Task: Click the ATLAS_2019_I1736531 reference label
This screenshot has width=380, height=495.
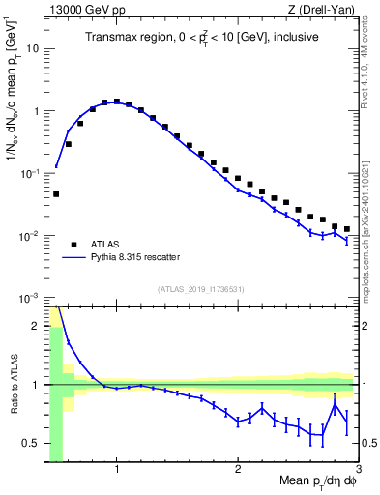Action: click(201, 289)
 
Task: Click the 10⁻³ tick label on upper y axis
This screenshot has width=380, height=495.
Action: click(29, 298)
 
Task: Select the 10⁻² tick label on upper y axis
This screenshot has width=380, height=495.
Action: click(29, 236)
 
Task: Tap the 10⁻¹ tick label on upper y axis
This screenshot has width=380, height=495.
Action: click(29, 173)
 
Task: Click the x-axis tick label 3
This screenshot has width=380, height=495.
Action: click(357, 471)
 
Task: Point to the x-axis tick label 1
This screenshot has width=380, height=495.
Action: click(117, 471)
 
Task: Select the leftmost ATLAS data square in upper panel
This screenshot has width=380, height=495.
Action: click(56, 194)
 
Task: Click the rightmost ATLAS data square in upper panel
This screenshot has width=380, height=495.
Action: click(347, 229)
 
